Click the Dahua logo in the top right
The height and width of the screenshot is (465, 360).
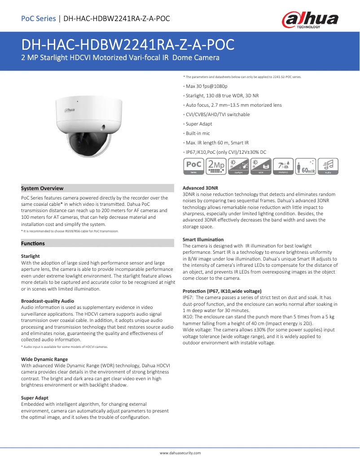coord(310,20)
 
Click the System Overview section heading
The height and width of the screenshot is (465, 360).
coord(42,188)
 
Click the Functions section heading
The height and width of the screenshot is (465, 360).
coord(33,243)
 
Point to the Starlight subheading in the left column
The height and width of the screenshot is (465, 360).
coord(30,256)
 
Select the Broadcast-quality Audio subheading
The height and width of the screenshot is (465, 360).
coord(48,300)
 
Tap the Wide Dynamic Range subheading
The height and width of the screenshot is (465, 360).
coord(44,359)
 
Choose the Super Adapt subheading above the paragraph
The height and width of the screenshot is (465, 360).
coord(35,398)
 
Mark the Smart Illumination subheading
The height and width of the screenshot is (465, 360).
coord(203,239)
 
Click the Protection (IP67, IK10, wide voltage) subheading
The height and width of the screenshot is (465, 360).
coord(222,291)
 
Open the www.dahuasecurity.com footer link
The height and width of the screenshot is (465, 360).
coord(180,453)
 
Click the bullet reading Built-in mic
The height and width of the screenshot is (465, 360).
coord(198,133)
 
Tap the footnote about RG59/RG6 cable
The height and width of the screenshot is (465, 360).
coord(70,231)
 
